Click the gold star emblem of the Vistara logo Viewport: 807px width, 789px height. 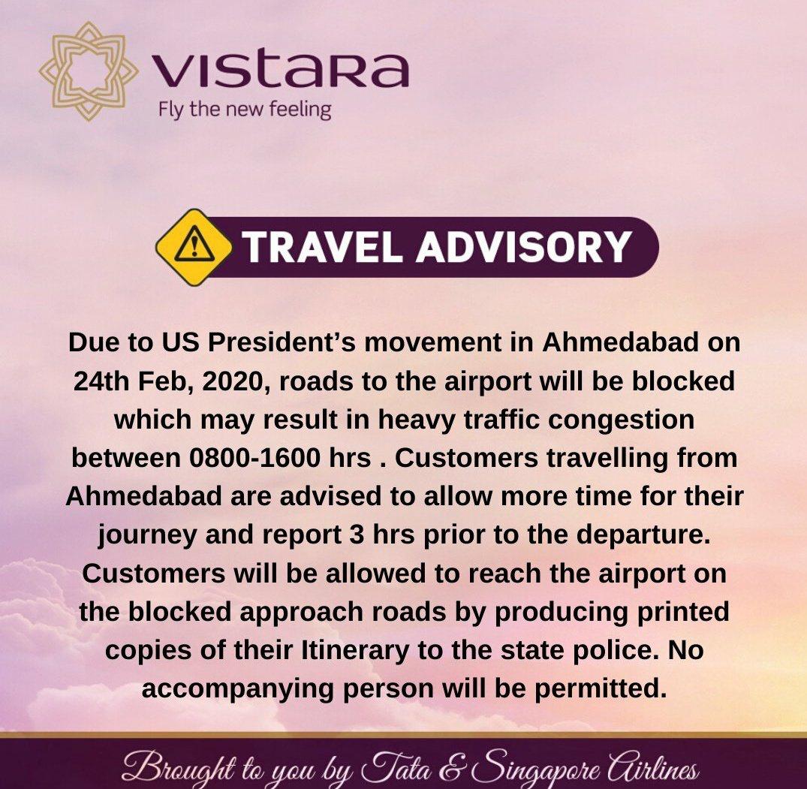(89, 71)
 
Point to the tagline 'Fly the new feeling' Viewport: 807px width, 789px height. (245, 110)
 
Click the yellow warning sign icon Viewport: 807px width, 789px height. (194, 247)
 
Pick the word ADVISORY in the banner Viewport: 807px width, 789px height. (523, 247)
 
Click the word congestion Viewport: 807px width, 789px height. (621, 420)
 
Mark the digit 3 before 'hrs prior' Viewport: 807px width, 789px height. (357, 535)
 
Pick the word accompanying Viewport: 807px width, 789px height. (238, 690)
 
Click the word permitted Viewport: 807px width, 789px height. (600, 688)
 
